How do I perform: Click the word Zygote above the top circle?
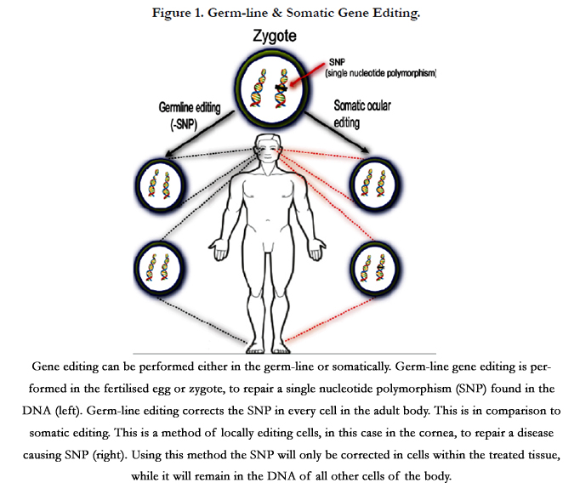[275, 37]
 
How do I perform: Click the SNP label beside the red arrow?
[337, 62]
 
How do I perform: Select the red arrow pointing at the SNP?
[307, 74]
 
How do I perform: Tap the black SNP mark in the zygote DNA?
[281, 88]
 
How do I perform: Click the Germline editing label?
[190, 108]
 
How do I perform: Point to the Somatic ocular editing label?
[362, 114]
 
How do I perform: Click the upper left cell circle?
[161, 185]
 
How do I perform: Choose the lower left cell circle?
[159, 268]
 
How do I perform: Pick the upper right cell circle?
[375, 184]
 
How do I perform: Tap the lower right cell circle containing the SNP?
[375, 268]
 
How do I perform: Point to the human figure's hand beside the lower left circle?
[219, 250]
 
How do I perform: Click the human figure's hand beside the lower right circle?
[316, 250]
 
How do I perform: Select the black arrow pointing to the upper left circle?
[200, 134]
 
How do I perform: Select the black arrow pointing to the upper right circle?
[337, 132]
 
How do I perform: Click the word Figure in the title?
[171, 14]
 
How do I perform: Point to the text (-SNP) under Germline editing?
[184, 124]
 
